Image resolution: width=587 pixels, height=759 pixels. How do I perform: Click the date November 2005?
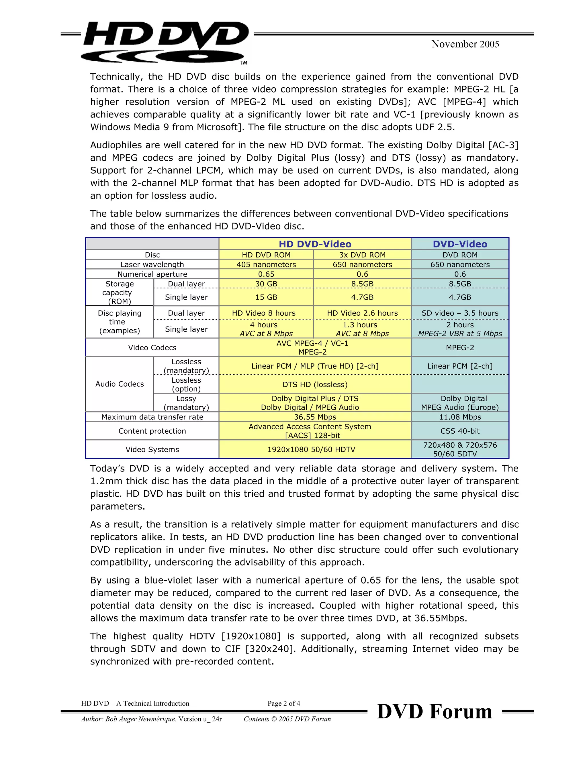pos(465,44)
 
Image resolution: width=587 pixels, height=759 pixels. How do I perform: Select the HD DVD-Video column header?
pos(315,244)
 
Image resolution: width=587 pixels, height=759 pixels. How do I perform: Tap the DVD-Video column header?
pos(460,244)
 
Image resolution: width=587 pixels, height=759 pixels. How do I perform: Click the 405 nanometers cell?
pos(266,264)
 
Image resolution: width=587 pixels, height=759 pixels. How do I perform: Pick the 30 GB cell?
pos(266,284)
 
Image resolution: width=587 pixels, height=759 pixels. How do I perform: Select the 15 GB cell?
pos(266,297)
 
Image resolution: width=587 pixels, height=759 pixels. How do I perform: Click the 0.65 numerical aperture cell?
pos(266,274)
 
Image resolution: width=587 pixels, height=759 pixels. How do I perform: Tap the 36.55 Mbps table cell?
pos(315,417)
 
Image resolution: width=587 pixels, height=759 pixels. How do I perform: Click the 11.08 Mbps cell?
pos(460,417)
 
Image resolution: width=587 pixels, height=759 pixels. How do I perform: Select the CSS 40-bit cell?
pos(460,431)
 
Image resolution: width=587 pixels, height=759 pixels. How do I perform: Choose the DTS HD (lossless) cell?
pos(315,384)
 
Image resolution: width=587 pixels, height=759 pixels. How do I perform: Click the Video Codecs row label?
pos(152,347)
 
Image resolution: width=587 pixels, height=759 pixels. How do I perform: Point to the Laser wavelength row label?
pos(152,264)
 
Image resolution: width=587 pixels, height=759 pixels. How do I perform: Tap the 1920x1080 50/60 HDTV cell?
pos(311,449)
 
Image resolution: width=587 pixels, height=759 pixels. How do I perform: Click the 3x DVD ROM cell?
pos(362,255)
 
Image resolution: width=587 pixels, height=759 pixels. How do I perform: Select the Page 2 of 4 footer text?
pos(284,703)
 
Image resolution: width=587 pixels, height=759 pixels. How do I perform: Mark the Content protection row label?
pos(152,431)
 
